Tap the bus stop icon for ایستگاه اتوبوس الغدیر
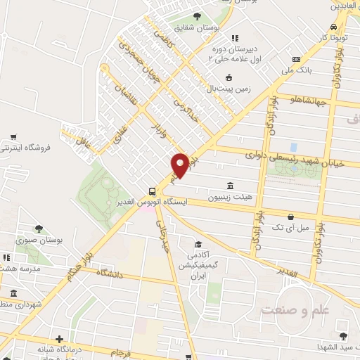click(152, 191)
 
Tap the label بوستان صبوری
click(58, 240)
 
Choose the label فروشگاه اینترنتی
click(15, 148)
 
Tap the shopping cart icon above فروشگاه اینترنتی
click(13, 137)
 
